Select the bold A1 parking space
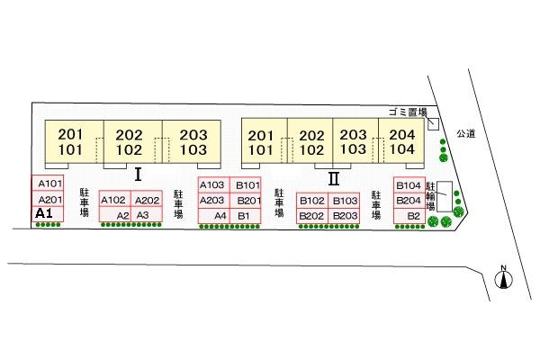point(45,214)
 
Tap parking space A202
point(147,200)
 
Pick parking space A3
point(142,216)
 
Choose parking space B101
point(247,184)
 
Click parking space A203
point(213,200)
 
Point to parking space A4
point(220,216)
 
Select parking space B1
point(245,216)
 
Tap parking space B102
point(312,201)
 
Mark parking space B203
point(345,216)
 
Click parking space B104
point(408,184)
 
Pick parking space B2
point(413,216)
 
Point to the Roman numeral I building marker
point(139,175)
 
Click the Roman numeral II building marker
point(333,177)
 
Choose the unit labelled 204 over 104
point(402,141)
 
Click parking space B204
point(409,201)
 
